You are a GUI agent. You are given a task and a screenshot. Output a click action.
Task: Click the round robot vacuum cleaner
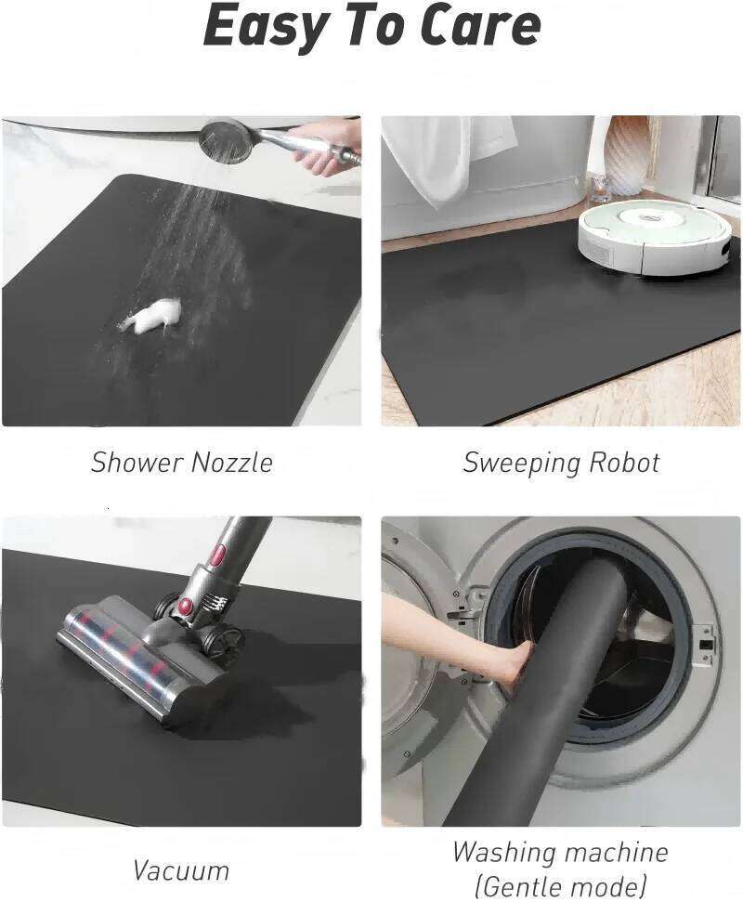coord(654,238)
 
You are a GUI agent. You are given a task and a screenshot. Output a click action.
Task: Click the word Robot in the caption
coord(628,463)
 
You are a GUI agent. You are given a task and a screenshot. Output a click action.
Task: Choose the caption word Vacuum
coord(180,871)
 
